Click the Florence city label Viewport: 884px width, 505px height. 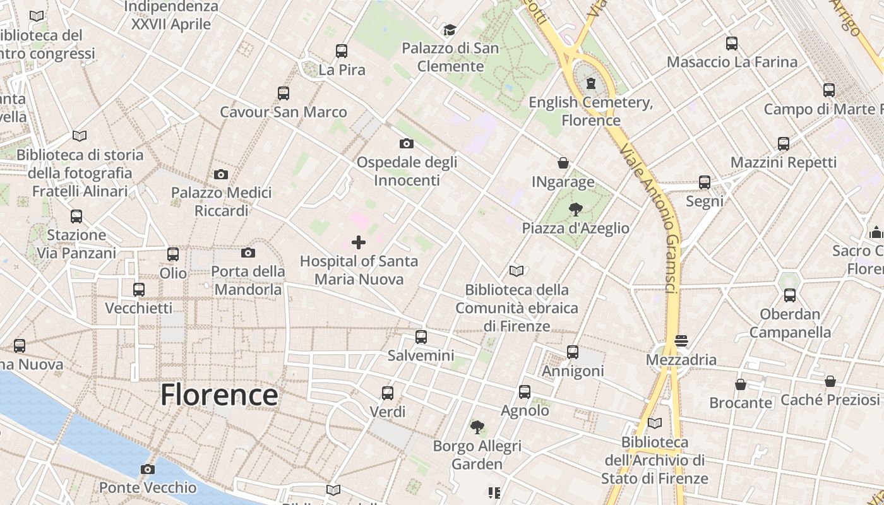[218, 395]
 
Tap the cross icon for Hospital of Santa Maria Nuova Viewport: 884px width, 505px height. [359, 242]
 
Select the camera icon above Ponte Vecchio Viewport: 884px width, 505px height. [148, 469]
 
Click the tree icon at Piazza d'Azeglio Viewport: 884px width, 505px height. [575, 209]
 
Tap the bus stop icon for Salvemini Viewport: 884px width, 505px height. [421, 337]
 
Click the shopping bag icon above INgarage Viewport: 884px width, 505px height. [563, 163]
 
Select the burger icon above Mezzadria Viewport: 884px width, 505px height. [681, 341]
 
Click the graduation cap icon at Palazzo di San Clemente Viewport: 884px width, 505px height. [450, 30]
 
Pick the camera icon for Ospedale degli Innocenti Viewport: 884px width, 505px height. [407, 144]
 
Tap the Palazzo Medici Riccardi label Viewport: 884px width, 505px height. [222, 201]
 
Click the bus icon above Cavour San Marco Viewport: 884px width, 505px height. [284, 93]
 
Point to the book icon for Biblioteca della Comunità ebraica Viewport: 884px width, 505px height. [517, 271]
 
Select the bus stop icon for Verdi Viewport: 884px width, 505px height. [388, 393]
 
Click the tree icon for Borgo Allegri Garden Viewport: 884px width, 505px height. [477, 427]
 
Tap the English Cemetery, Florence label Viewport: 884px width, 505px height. [591, 111]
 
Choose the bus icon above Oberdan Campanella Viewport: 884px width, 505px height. [790, 295]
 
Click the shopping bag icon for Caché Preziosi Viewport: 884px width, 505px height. [830, 381]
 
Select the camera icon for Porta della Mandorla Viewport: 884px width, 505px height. [248, 253]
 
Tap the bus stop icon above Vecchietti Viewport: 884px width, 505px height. [139, 290]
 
